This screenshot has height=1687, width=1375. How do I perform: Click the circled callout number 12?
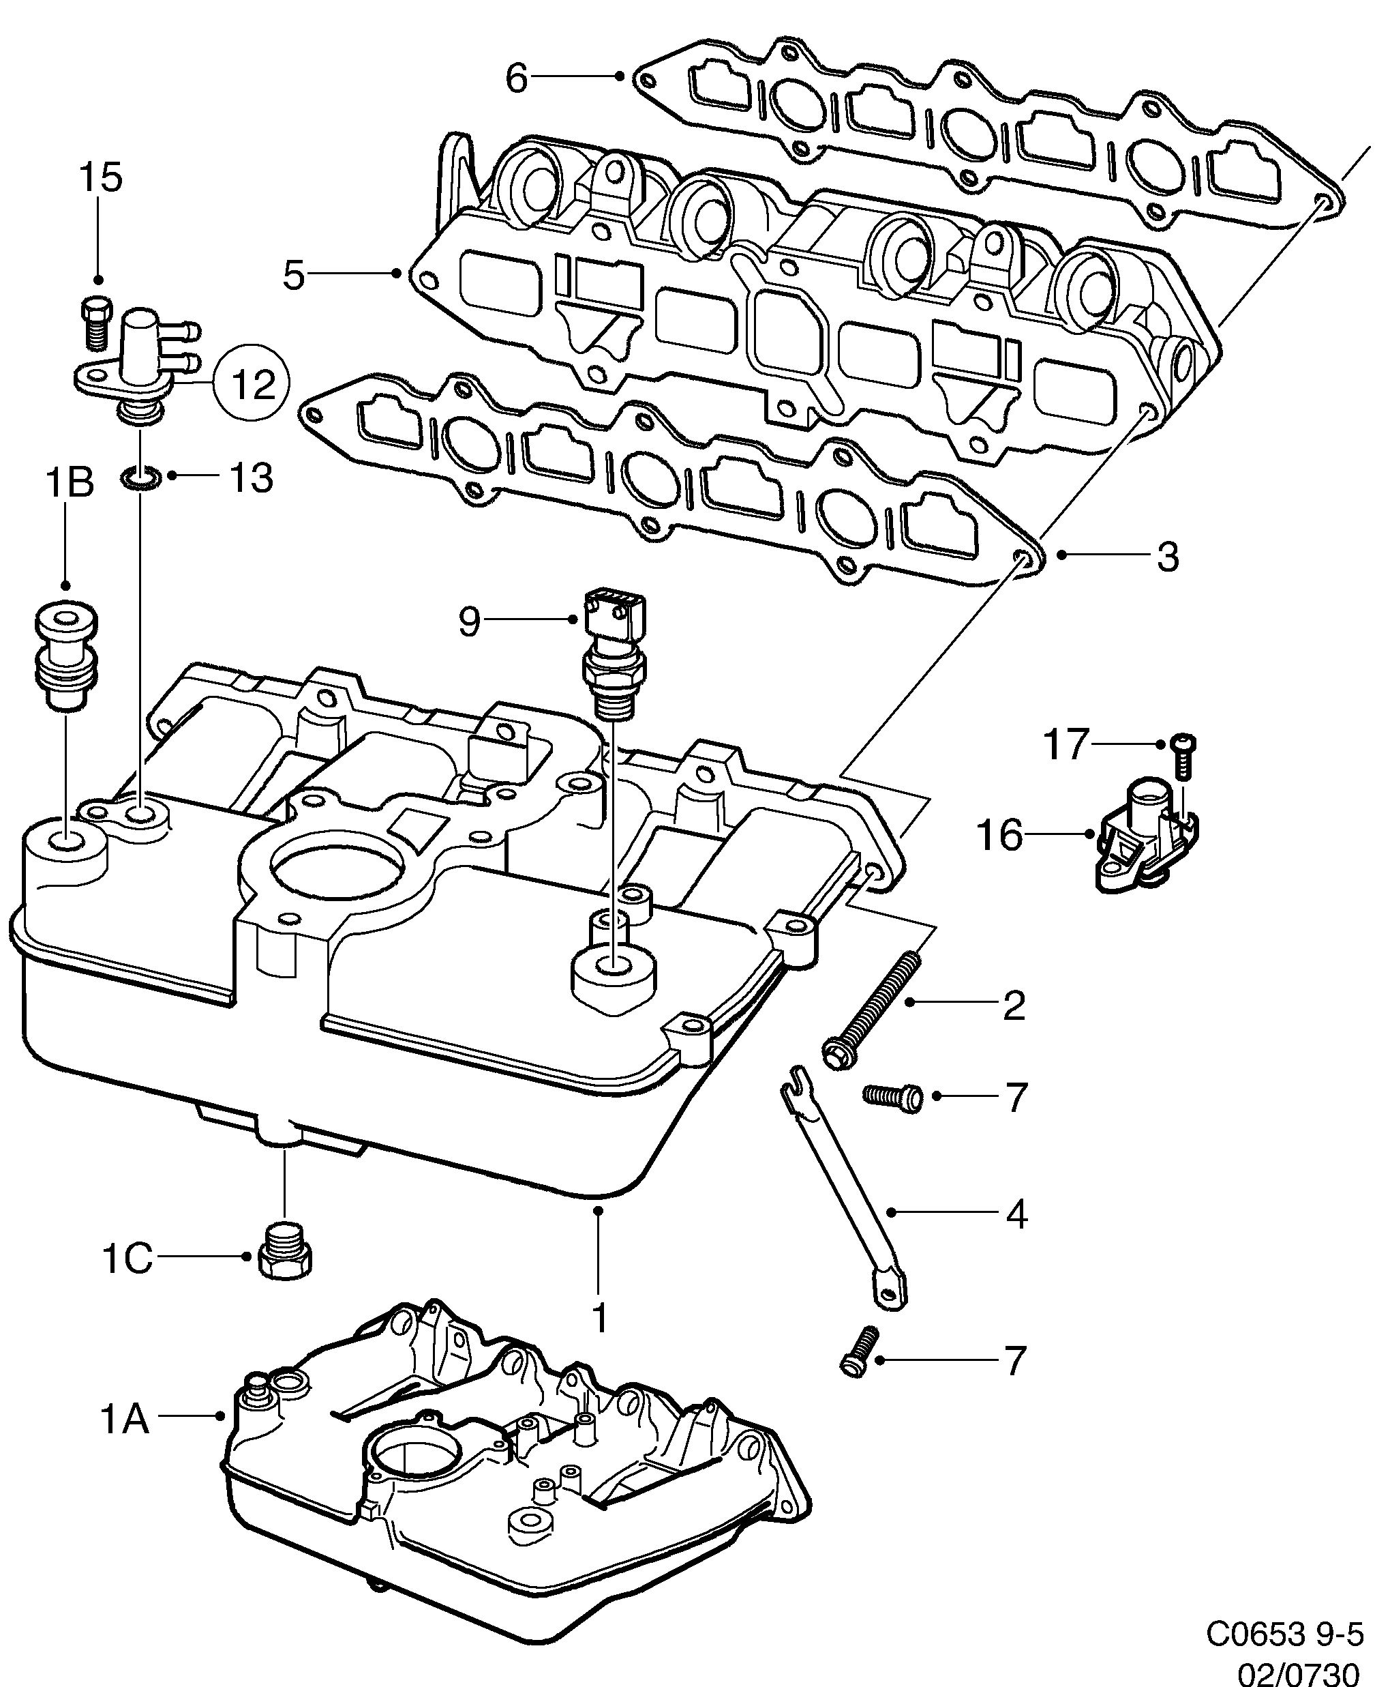254,383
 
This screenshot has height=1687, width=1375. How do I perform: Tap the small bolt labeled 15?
94,323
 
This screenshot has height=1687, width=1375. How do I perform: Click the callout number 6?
517,78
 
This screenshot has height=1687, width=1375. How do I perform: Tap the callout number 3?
1168,557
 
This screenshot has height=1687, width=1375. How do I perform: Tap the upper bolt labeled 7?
892,1097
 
